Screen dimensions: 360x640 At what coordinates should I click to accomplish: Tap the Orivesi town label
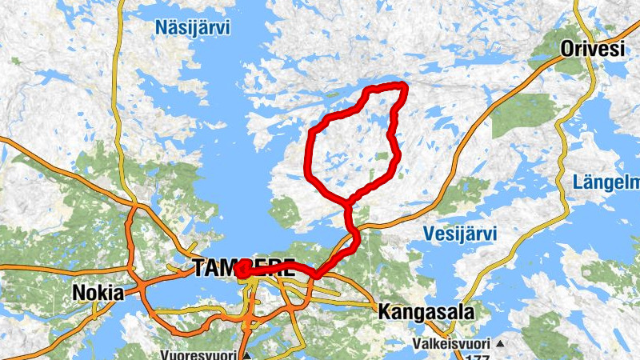591,49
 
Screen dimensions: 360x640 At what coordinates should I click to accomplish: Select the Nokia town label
98,293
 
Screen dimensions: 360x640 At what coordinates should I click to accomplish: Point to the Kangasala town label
426,310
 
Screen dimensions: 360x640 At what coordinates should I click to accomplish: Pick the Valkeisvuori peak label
451,343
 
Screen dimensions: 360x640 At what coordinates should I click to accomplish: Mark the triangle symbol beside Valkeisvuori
500,344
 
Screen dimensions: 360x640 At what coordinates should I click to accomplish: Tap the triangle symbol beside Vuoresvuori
247,354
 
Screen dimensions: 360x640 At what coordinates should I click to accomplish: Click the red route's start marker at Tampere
241,273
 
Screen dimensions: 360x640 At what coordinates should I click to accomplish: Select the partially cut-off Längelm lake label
606,183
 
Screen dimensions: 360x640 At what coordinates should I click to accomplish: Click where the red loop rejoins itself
350,199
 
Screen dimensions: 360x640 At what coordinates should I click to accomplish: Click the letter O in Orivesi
567,49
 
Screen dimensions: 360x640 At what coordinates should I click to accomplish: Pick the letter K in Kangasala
384,310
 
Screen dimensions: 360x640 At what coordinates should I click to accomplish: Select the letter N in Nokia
78,293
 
